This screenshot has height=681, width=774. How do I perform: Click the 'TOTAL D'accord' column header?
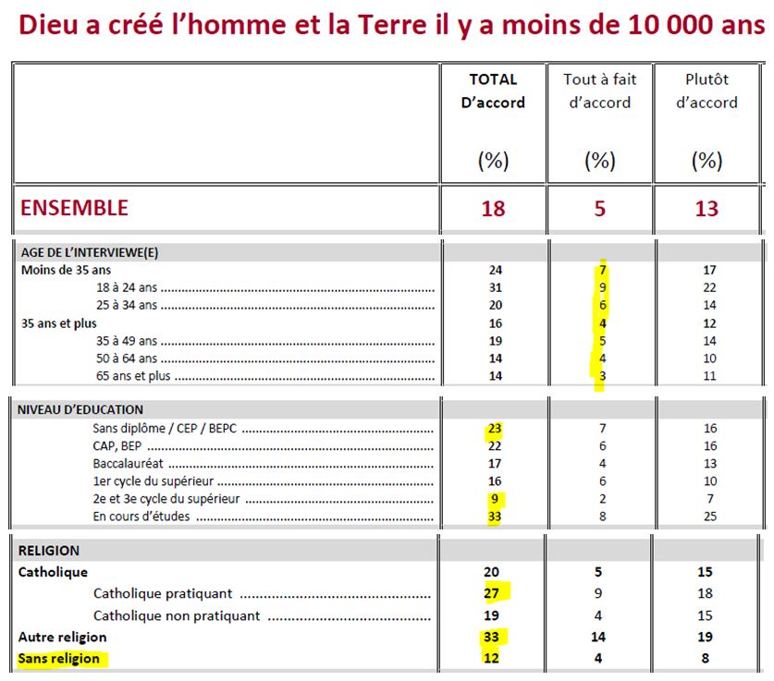pyautogui.click(x=493, y=91)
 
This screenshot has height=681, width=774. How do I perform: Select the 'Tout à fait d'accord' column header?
pyautogui.click(x=599, y=91)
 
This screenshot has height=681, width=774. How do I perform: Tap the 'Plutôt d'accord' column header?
pyautogui.click(x=706, y=91)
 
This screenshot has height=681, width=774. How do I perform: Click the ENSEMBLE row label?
pyautogui.click(x=74, y=208)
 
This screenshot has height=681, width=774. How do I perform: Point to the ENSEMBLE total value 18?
pyautogui.click(x=493, y=209)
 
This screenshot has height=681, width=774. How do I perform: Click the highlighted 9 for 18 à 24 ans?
pyautogui.click(x=600, y=287)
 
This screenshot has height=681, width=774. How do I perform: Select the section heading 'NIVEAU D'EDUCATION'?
pyautogui.click(x=80, y=409)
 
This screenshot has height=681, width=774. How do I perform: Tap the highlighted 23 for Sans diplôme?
pyautogui.click(x=494, y=429)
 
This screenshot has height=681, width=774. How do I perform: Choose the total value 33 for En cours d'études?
pyautogui.click(x=494, y=516)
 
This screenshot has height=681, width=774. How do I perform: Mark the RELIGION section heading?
pyautogui.click(x=49, y=551)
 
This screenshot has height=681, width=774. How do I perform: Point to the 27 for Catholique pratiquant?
pyautogui.click(x=494, y=593)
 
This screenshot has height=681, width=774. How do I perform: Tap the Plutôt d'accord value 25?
pyautogui.click(x=709, y=516)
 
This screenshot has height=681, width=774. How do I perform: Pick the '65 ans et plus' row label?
pyautogui.click(x=132, y=376)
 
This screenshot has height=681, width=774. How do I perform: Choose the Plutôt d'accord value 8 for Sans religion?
pyautogui.click(x=707, y=659)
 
